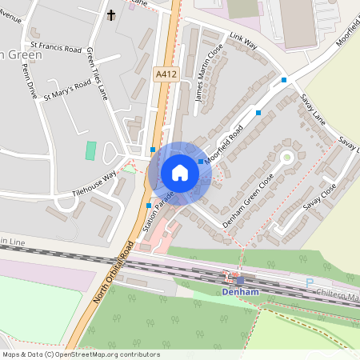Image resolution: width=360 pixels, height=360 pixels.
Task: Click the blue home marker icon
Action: [x=180, y=172]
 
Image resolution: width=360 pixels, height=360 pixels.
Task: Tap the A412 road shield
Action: [x=166, y=74]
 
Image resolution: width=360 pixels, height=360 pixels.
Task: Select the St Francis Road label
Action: [x=57, y=49]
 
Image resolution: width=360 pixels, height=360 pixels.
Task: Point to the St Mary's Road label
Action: [x=67, y=90]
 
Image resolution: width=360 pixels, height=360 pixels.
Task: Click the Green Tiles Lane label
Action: [x=98, y=73]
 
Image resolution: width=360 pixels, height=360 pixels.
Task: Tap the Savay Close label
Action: [x=319, y=199]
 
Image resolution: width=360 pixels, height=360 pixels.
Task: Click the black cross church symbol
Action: [x=111, y=15]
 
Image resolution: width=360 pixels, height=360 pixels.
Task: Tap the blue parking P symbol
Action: [x=310, y=282]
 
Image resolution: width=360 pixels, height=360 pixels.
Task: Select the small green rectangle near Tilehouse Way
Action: [x=90, y=150]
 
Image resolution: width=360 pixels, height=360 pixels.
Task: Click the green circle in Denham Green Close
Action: [x=286, y=157]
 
